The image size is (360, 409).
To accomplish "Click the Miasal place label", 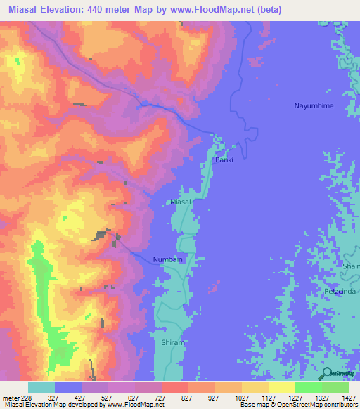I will [181, 202].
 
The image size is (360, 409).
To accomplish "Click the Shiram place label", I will [173, 342].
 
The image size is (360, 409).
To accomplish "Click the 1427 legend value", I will [346, 397].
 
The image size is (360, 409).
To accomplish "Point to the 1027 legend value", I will [240, 397].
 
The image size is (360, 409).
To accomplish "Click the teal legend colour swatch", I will [41, 387].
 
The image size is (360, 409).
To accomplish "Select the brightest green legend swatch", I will [309, 387].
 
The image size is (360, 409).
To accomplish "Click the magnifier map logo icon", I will [327, 374].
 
